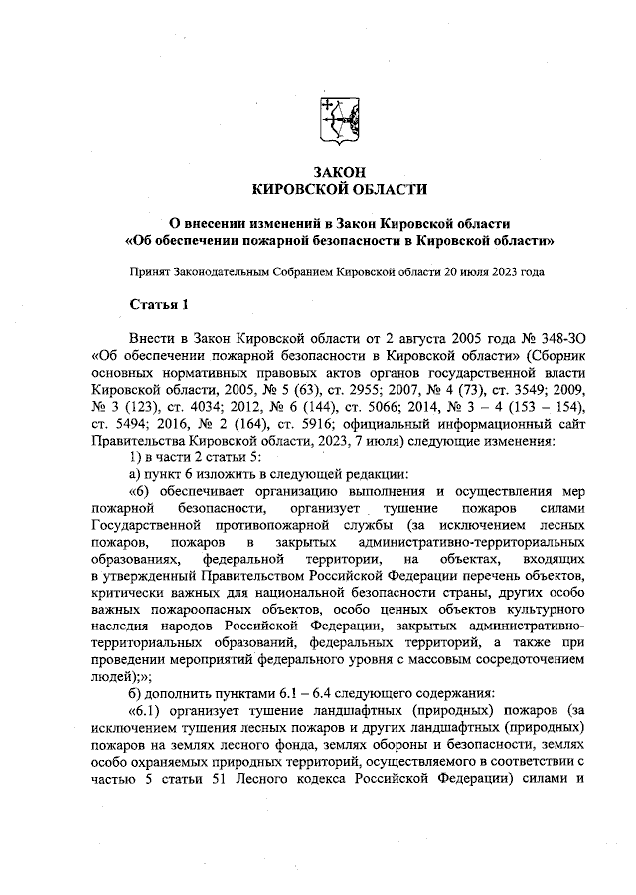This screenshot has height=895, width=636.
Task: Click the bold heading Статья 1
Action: point(158,301)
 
